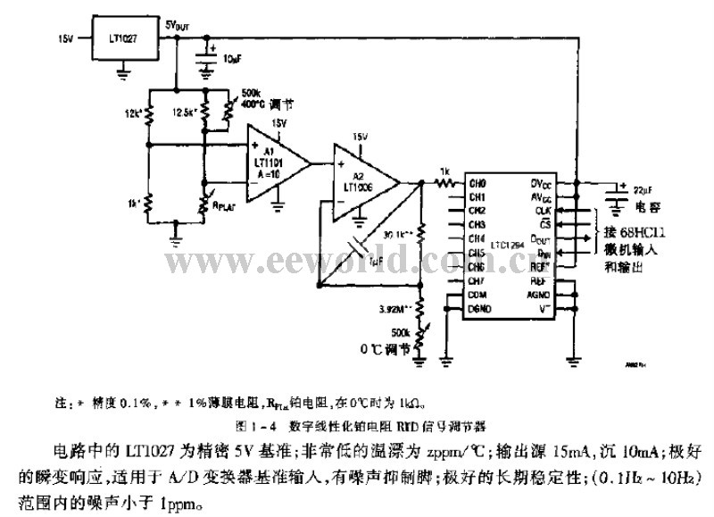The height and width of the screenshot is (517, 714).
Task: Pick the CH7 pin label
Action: coord(477,280)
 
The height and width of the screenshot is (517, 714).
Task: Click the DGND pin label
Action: coord(480,308)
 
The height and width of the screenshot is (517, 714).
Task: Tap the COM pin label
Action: coord(478,294)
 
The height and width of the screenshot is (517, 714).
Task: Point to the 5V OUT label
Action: coord(178,26)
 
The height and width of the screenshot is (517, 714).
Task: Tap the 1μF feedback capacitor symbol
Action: coord(356,247)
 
